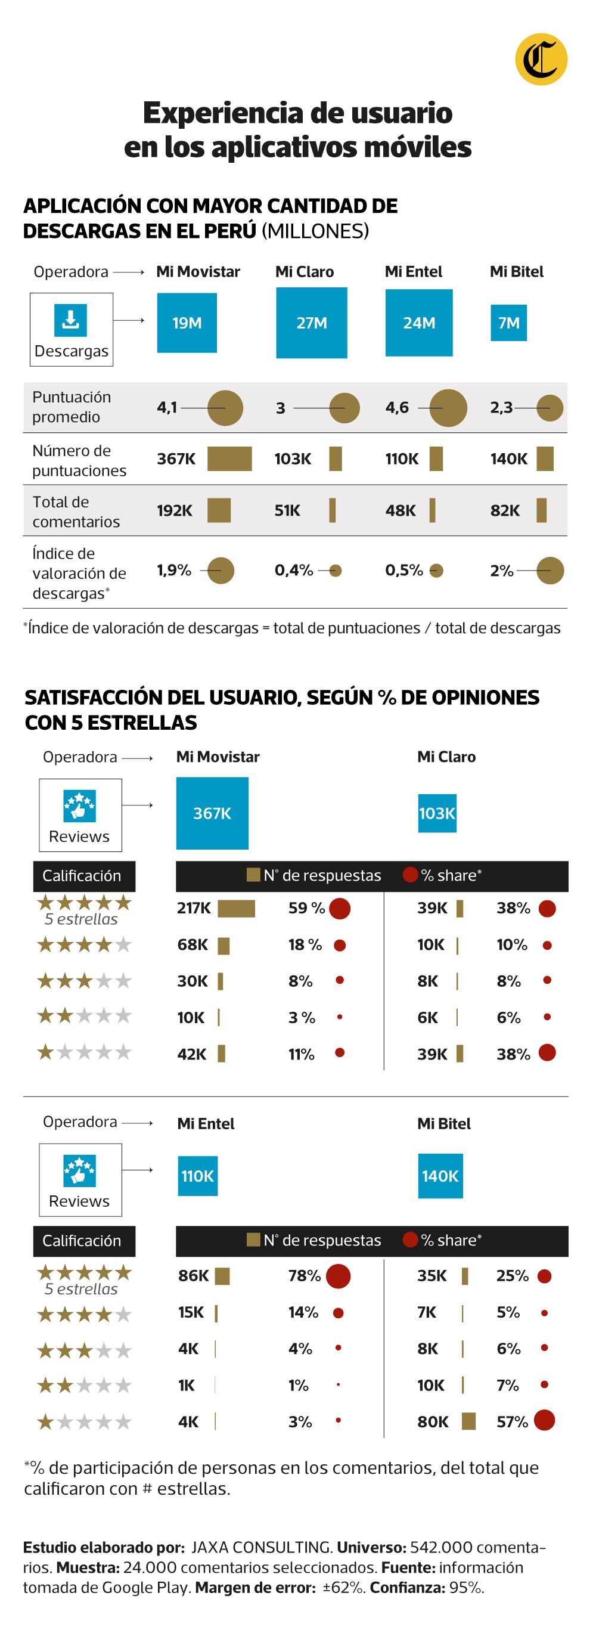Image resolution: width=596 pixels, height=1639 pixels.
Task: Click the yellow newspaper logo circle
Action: pos(541,59)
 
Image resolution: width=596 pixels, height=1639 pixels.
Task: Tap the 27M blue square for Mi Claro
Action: pos(312,323)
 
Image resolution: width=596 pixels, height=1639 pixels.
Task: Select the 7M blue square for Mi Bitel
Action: pos(508,323)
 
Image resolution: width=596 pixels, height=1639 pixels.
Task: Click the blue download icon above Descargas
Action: pos(70,320)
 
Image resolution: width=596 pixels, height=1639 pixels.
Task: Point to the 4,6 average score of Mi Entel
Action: pos(397,408)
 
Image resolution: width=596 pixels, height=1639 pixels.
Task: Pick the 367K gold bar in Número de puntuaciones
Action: pos(229,458)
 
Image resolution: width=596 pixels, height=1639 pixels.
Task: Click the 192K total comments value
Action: pos(175,510)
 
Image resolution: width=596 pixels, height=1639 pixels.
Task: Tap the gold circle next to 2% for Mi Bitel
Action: pos(550,570)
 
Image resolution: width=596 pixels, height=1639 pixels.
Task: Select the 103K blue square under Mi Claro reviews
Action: pos(437,813)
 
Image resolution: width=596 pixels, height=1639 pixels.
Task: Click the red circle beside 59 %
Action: pos(340,908)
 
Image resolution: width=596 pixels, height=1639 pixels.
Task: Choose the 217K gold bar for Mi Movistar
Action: pos(236,909)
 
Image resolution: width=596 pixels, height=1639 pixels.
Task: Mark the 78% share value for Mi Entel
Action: pos(304,1276)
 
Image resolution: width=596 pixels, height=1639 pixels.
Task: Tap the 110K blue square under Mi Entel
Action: pos(197,1176)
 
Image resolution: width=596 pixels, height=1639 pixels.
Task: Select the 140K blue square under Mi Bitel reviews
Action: pos(440,1176)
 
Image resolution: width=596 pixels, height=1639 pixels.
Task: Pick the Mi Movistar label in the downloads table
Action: pos(198,272)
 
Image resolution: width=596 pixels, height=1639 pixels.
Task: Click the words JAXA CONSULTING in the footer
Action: pos(262,1547)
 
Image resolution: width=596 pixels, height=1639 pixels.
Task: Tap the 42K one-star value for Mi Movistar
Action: pos(191,1054)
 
